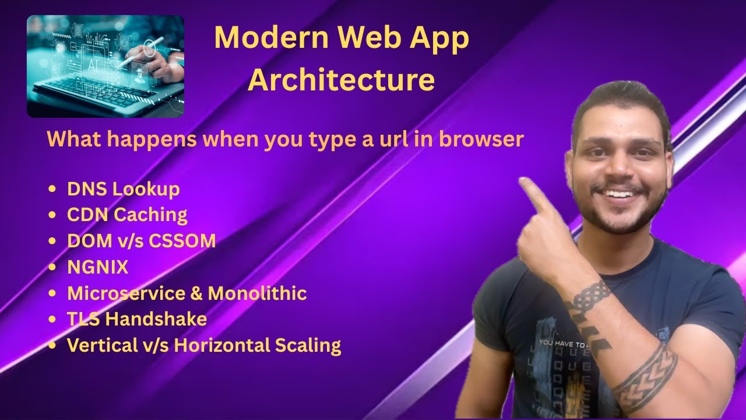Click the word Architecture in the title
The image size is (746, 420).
click(x=341, y=80)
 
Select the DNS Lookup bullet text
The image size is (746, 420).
click(x=124, y=189)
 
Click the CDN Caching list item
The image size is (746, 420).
click(x=127, y=215)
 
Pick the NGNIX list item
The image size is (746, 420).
click(x=97, y=267)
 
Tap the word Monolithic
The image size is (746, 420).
click(x=257, y=293)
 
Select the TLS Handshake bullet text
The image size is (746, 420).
click(x=137, y=319)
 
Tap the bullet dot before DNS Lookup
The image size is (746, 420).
click(x=54, y=189)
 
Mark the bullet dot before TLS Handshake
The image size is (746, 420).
click(x=54, y=319)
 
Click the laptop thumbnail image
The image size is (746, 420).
click(x=105, y=66)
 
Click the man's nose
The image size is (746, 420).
click(x=620, y=173)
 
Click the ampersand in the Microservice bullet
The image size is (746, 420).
click(x=196, y=293)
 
